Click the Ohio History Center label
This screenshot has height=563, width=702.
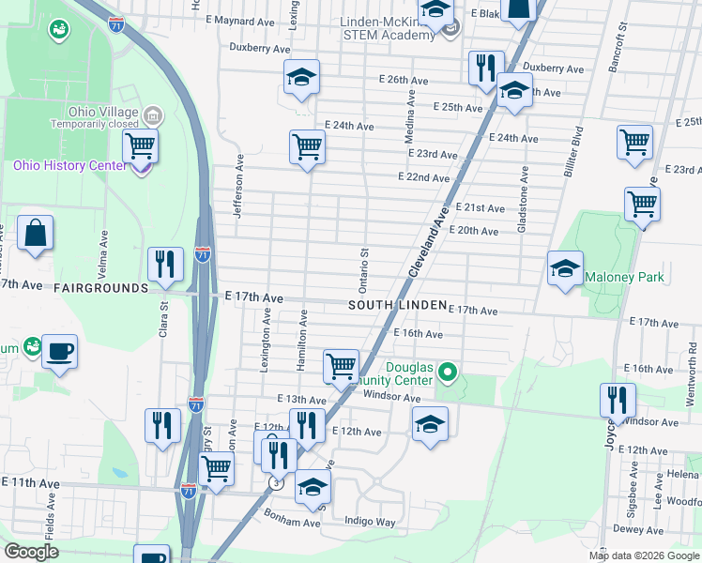pos(69,166)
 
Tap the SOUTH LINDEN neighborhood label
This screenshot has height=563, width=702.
pos(396,306)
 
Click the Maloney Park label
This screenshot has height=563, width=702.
pos(624,277)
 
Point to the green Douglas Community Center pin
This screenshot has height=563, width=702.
pos(448,373)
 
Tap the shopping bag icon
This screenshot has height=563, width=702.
pos(35,234)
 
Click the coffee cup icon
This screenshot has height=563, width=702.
pos(60,352)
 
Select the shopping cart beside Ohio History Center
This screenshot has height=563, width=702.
pos(140,146)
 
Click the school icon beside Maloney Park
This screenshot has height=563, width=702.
pos(565,268)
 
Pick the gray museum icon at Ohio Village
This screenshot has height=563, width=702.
pos(153,114)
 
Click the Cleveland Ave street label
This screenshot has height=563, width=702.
pos(426,243)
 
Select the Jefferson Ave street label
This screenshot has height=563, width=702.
pos(239,186)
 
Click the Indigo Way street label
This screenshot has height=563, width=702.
pos(370,521)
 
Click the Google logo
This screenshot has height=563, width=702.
pos(31,552)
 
